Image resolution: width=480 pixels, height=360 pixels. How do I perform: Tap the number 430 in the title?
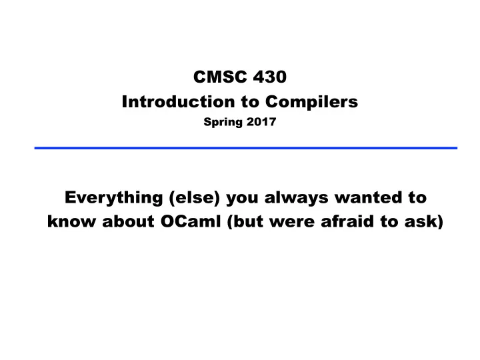pyautogui.click(x=270, y=77)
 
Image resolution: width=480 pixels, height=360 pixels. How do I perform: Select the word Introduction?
pyautogui.click(x=178, y=101)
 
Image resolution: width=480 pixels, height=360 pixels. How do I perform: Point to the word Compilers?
pyautogui.click(x=311, y=102)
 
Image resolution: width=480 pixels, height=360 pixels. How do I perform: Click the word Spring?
pyautogui.click(x=223, y=123)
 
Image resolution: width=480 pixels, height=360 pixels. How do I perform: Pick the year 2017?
pyautogui.click(x=261, y=121)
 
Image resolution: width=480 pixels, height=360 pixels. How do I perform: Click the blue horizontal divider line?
pyautogui.click(x=246, y=148)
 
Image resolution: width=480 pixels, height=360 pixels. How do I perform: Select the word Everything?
pyautogui.click(x=113, y=198)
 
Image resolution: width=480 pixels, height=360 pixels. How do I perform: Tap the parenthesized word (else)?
pyautogui.click(x=195, y=197)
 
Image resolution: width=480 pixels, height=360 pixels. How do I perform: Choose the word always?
pyautogui.click(x=296, y=198)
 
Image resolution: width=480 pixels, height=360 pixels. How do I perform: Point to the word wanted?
pyautogui.click(x=368, y=197)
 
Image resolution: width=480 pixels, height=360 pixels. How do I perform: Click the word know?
pyautogui.click(x=71, y=221)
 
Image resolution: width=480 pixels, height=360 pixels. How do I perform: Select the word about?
pyautogui.click(x=128, y=221)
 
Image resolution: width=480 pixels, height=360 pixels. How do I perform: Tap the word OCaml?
pyautogui.click(x=191, y=221)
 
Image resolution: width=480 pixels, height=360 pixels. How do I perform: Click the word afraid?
pyautogui.click(x=347, y=221)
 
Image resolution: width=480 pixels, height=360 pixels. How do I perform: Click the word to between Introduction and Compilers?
pyautogui.click(x=250, y=102)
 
